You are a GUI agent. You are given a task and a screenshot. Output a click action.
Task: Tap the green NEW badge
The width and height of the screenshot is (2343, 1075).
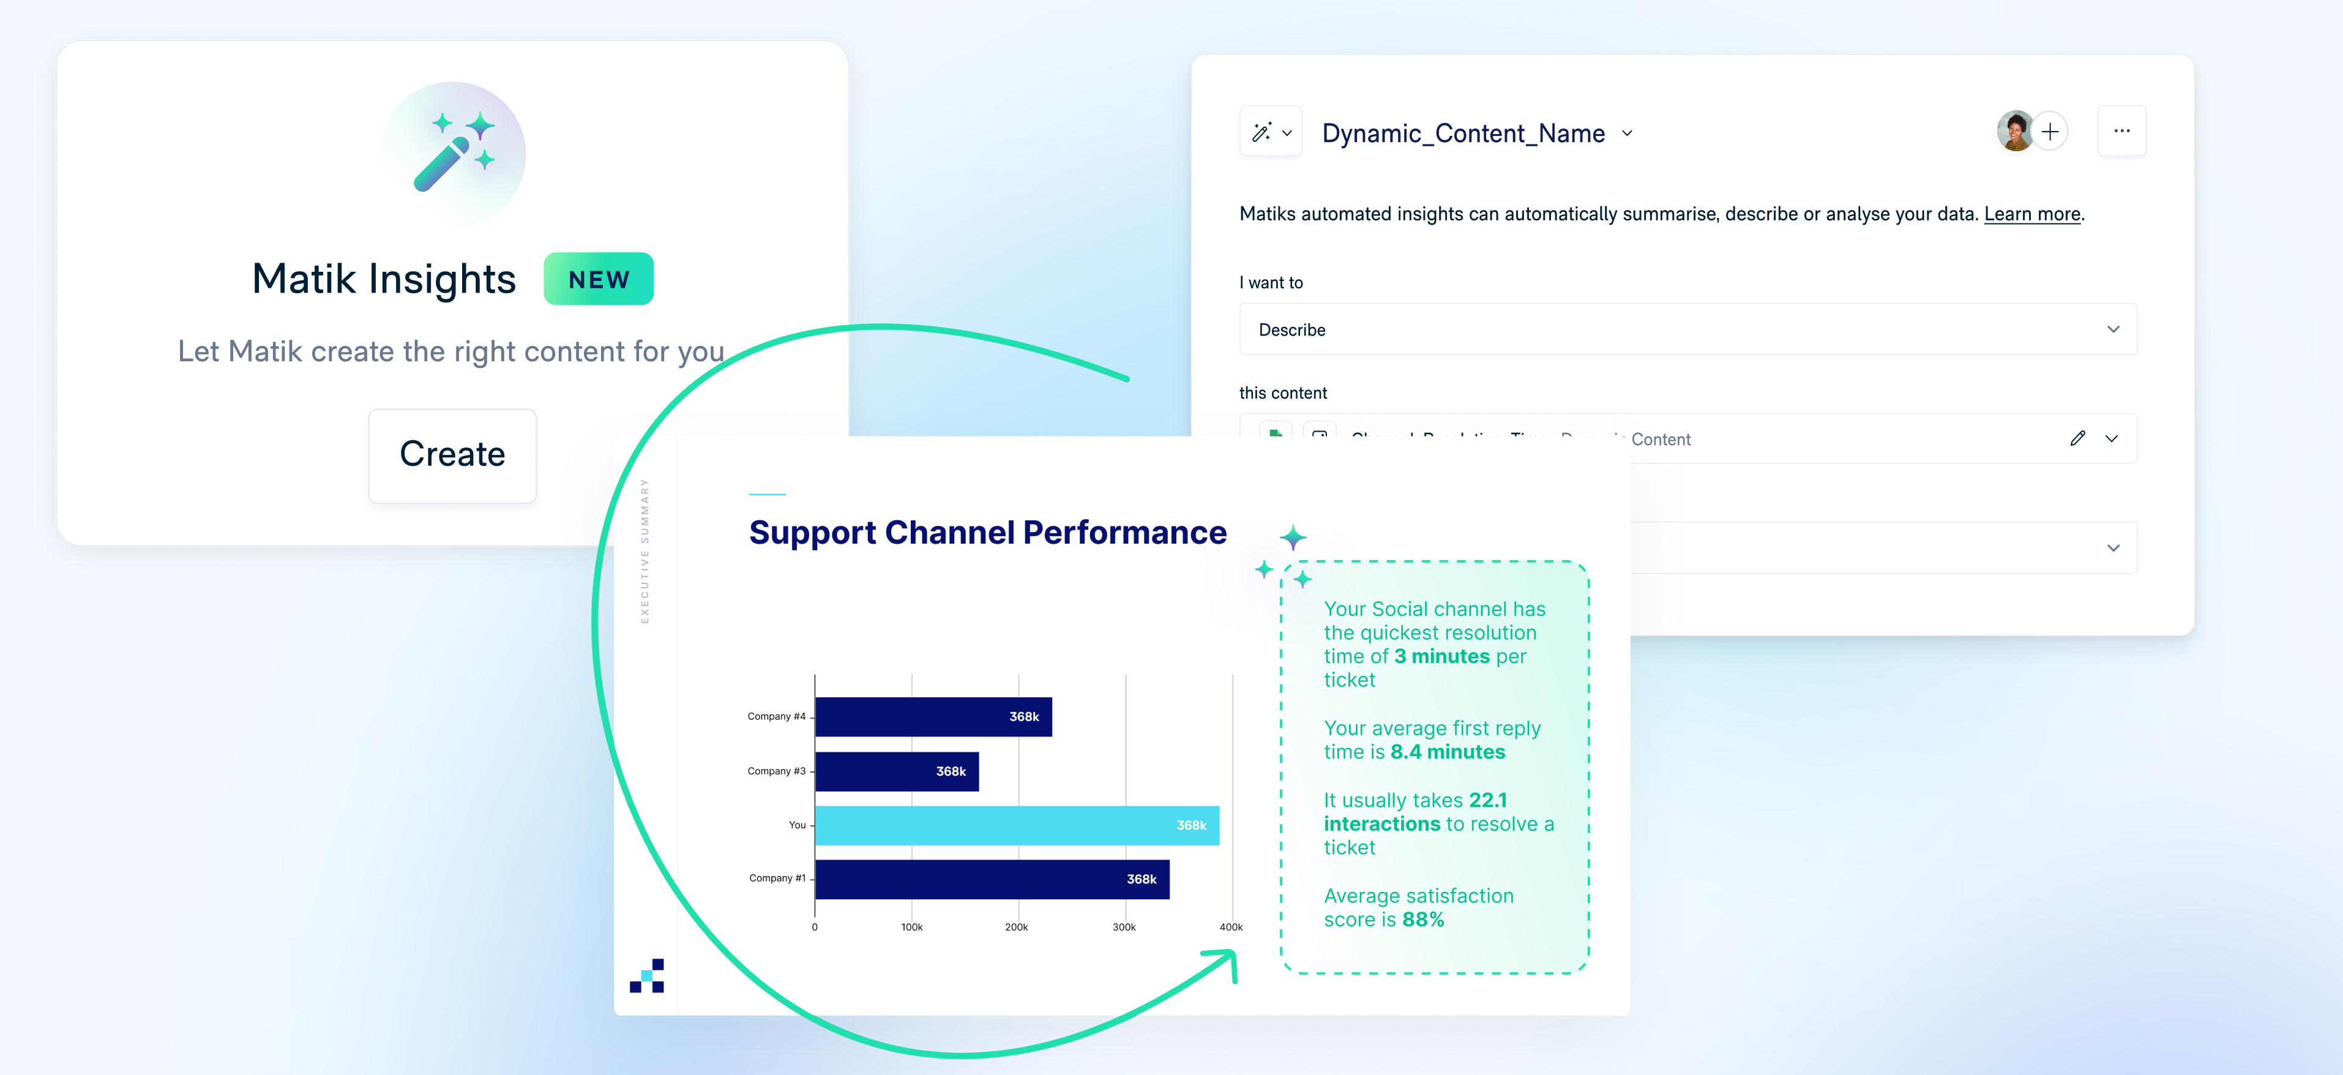599,279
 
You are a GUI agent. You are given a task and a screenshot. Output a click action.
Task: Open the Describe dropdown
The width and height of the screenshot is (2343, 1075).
1687,329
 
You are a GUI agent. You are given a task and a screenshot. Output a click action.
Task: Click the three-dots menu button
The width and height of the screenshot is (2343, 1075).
2121,132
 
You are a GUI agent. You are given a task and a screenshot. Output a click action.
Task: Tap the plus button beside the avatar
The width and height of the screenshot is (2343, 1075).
2050,132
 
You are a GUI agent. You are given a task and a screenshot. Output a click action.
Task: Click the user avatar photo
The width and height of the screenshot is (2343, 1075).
2015,132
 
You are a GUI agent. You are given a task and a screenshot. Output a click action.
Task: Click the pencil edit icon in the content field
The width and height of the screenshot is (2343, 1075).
2077,438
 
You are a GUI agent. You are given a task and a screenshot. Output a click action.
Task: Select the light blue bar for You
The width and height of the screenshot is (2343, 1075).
1016,825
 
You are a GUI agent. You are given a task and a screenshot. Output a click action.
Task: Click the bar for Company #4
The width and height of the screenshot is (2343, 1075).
932,717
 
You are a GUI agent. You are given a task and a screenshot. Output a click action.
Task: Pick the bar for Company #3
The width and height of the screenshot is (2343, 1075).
896,771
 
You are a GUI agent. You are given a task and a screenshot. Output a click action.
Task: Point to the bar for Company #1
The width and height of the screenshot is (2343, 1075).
992,878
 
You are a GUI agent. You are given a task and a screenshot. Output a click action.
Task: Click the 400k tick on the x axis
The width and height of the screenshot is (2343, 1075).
1231,927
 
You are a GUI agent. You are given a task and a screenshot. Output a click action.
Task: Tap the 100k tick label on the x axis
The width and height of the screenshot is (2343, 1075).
911,927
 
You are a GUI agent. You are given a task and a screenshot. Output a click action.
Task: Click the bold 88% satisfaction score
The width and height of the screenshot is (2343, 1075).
1422,920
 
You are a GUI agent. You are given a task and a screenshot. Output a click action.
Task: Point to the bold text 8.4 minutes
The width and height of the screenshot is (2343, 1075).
1447,752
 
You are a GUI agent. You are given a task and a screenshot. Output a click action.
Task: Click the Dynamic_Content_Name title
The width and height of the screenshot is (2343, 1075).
1463,133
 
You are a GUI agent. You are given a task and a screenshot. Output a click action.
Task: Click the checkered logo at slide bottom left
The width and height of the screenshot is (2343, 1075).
647,975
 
